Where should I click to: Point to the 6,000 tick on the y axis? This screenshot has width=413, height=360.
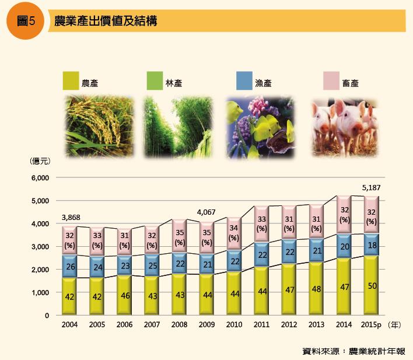[41, 178]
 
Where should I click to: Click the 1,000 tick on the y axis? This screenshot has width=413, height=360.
[41, 293]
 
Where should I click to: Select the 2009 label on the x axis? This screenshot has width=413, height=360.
[206, 324]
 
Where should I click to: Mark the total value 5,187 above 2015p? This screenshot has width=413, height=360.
[371, 188]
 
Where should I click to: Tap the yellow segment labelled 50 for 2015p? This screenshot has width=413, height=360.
[371, 285]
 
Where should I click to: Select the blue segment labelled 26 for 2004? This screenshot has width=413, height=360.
[69, 265]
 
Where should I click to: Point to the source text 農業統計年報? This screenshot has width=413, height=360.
[377, 351]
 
